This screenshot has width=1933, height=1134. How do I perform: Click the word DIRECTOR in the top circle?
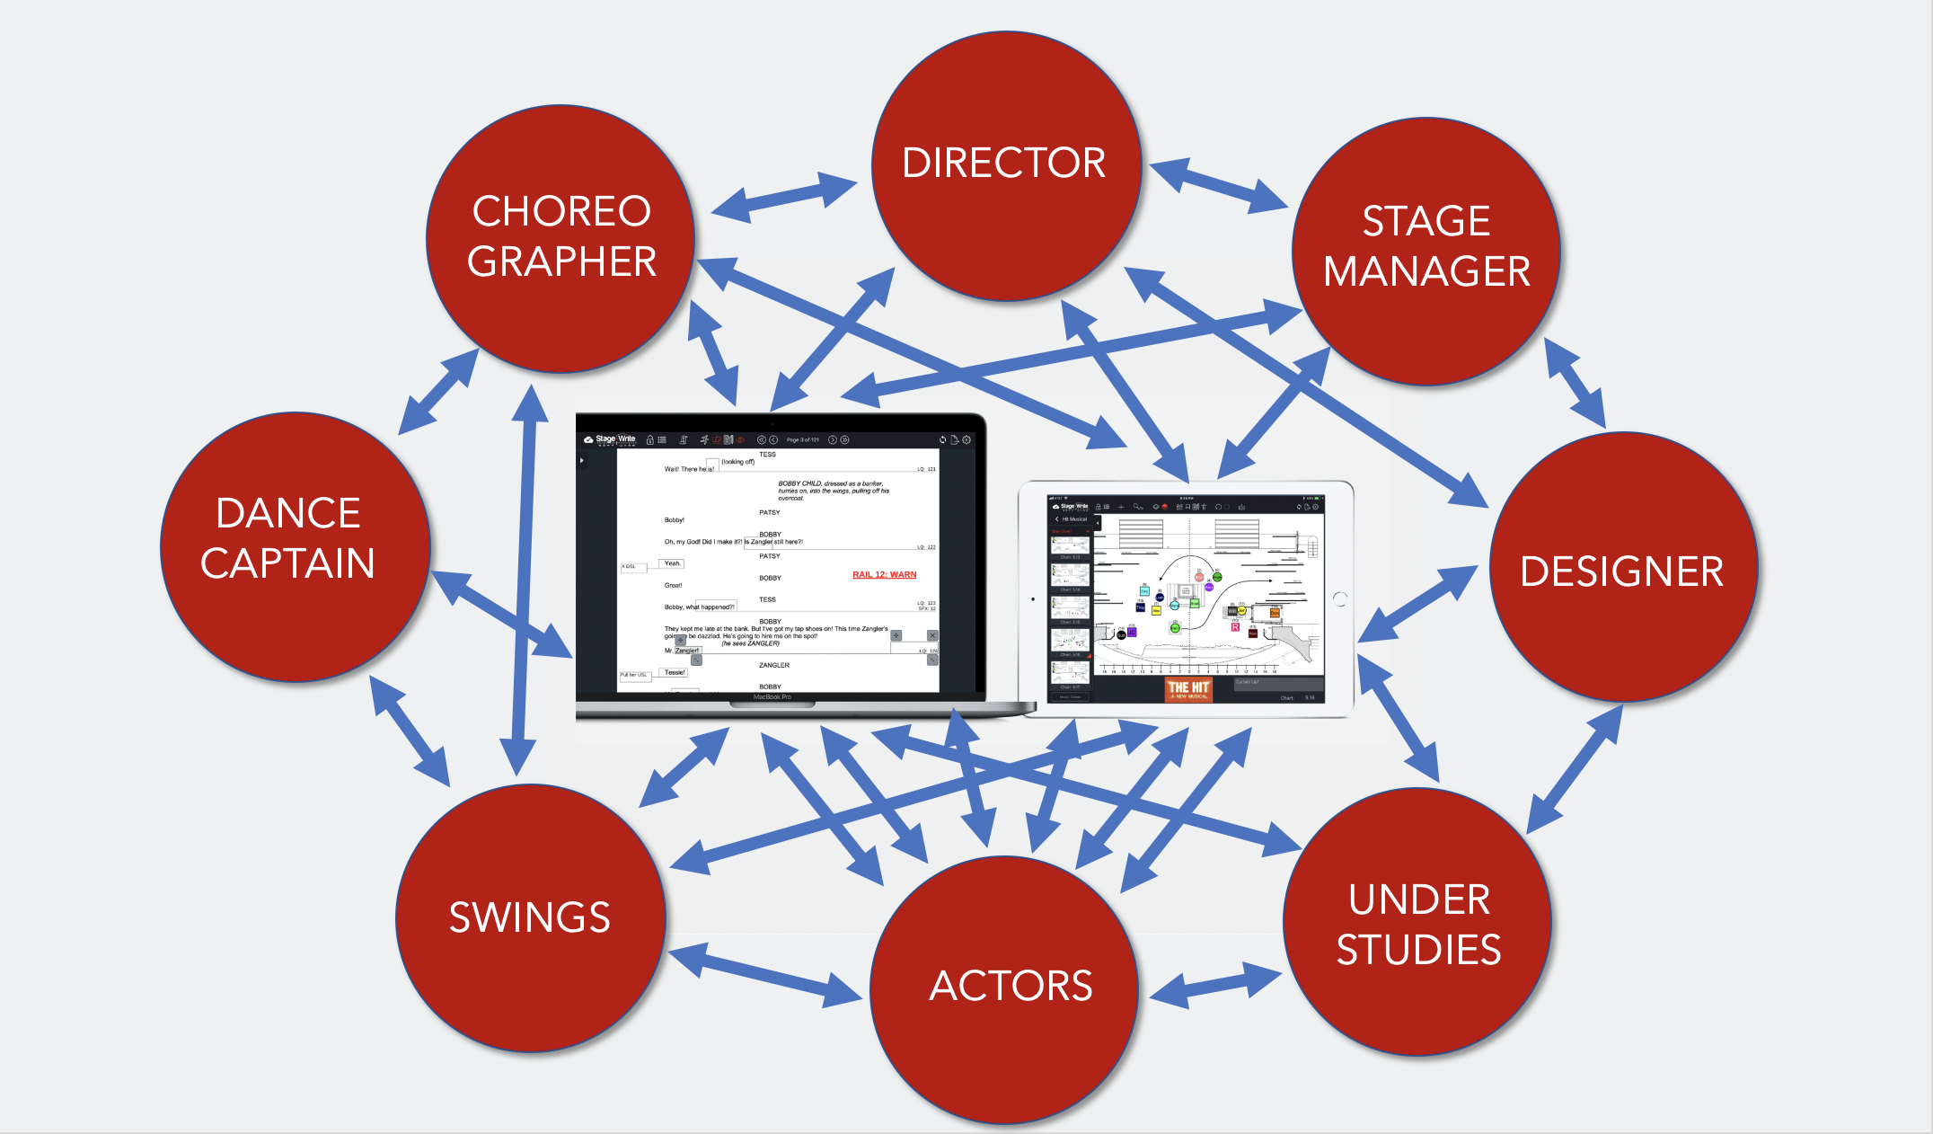(1003, 163)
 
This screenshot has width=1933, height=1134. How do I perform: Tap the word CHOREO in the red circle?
(561, 212)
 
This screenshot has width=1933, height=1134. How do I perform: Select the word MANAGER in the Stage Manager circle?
(1426, 271)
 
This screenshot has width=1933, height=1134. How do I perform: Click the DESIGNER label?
(1621, 571)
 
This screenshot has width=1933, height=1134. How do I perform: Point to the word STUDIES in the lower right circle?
(1418, 950)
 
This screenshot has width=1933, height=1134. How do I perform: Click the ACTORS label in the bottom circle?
(1011, 986)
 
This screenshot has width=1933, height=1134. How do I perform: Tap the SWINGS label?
(529, 917)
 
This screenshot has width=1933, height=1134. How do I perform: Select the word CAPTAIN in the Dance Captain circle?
(287, 563)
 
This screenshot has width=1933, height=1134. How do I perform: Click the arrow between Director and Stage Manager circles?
(1219, 185)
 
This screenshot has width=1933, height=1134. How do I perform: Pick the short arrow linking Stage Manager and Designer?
(1575, 383)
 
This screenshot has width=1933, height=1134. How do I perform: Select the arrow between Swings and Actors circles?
(765, 974)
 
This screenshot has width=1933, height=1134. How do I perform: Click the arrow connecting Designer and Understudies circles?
(1575, 769)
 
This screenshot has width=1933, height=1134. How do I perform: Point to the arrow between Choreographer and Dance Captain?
(438, 392)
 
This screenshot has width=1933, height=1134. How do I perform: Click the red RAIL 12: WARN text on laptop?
(884, 575)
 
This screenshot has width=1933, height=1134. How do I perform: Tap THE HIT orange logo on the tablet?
(1188, 689)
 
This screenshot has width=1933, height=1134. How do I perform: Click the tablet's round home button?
(1340, 599)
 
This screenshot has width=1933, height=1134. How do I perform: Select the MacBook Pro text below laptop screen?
(772, 697)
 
